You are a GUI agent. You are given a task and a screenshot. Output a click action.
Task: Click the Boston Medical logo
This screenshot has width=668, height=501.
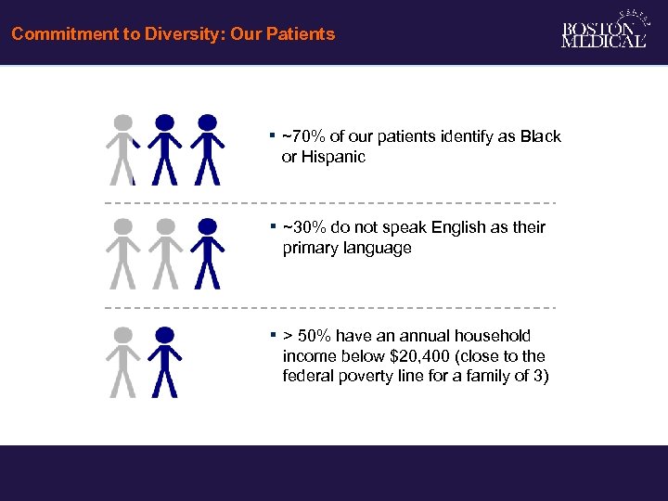coord(603,32)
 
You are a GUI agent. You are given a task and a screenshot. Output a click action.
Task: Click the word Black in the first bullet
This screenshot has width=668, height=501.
coord(540,136)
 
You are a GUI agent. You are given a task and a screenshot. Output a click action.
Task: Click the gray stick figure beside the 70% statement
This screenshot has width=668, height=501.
coord(122,149)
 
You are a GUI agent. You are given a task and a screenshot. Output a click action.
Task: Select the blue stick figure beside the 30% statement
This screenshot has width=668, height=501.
coord(208,253)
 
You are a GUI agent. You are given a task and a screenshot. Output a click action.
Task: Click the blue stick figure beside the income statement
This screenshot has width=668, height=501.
coord(165,362)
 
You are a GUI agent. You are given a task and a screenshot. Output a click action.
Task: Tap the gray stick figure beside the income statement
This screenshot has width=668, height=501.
coord(122,362)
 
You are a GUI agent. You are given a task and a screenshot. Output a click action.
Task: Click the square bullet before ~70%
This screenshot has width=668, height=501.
coord(273,135)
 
